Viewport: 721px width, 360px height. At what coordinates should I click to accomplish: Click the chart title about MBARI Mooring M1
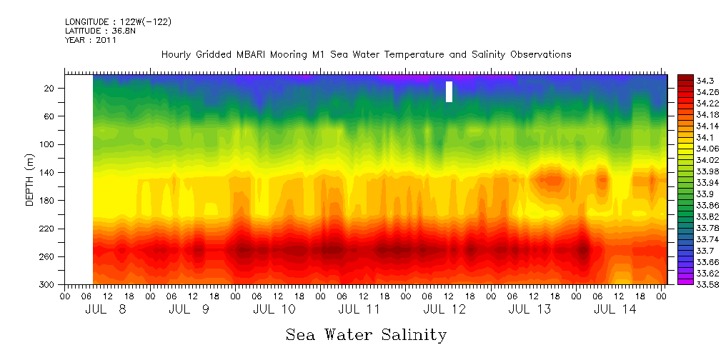click(x=366, y=55)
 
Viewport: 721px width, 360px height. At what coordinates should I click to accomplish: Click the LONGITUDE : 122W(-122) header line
click(x=118, y=22)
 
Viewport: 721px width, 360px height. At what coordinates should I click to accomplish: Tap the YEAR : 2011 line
click(x=90, y=41)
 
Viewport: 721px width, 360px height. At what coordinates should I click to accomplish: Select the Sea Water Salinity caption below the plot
click(x=366, y=335)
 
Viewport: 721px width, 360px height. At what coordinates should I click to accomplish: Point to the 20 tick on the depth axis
click(x=50, y=89)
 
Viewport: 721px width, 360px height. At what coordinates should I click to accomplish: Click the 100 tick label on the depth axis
click(x=48, y=144)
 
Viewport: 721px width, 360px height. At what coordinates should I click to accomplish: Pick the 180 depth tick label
click(x=48, y=201)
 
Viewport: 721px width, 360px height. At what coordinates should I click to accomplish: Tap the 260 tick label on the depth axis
click(x=48, y=257)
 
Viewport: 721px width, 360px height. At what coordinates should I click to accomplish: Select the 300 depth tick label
click(x=48, y=285)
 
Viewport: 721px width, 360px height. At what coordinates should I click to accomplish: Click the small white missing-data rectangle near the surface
click(x=449, y=91)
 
